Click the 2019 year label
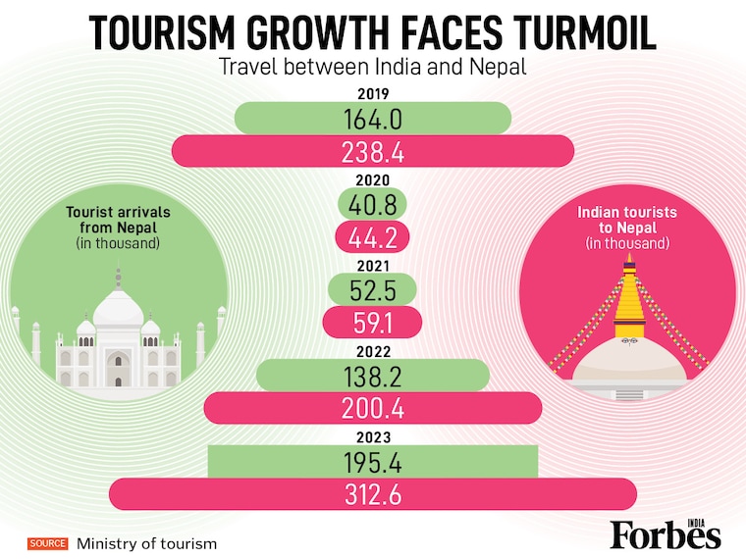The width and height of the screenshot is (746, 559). (373, 96)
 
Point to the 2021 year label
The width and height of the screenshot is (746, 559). (373, 267)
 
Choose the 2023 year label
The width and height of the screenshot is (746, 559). (373, 437)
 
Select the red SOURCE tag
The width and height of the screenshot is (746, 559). (47, 542)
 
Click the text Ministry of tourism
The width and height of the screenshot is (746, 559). (147, 542)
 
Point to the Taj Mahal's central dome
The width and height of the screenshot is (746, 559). (118, 306)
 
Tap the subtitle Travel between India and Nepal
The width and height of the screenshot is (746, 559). (372, 69)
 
